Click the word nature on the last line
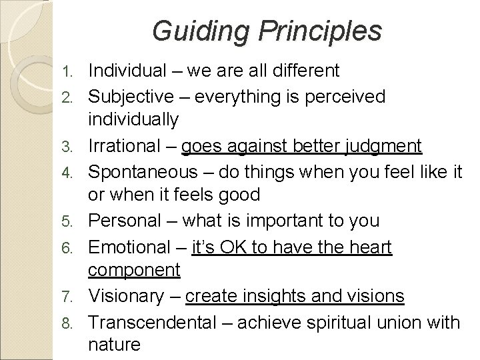pyautogui.click(x=114, y=345)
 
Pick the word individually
pyautogui.click(x=133, y=120)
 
